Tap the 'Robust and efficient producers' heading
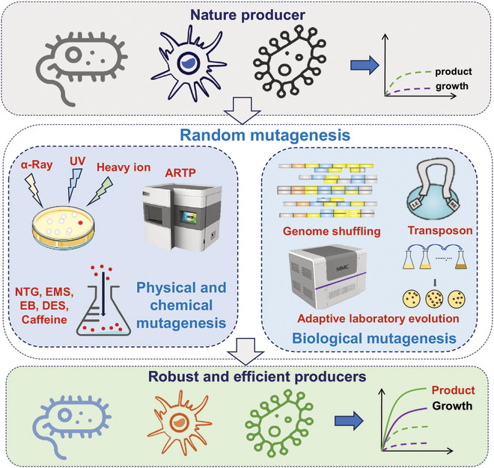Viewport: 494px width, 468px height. pyautogui.click(x=247, y=378)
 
